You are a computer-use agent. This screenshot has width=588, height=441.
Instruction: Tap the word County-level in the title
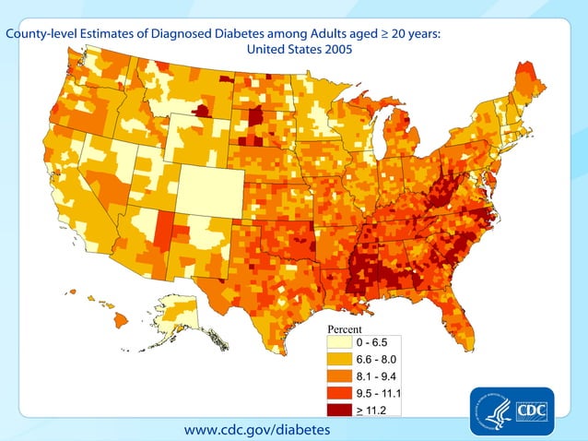[41, 34]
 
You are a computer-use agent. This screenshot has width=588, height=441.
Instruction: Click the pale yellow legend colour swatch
[340, 343]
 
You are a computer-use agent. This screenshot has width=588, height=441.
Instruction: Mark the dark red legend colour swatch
[340, 407]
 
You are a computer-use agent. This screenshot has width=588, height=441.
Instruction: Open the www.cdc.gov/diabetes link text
[256, 430]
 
